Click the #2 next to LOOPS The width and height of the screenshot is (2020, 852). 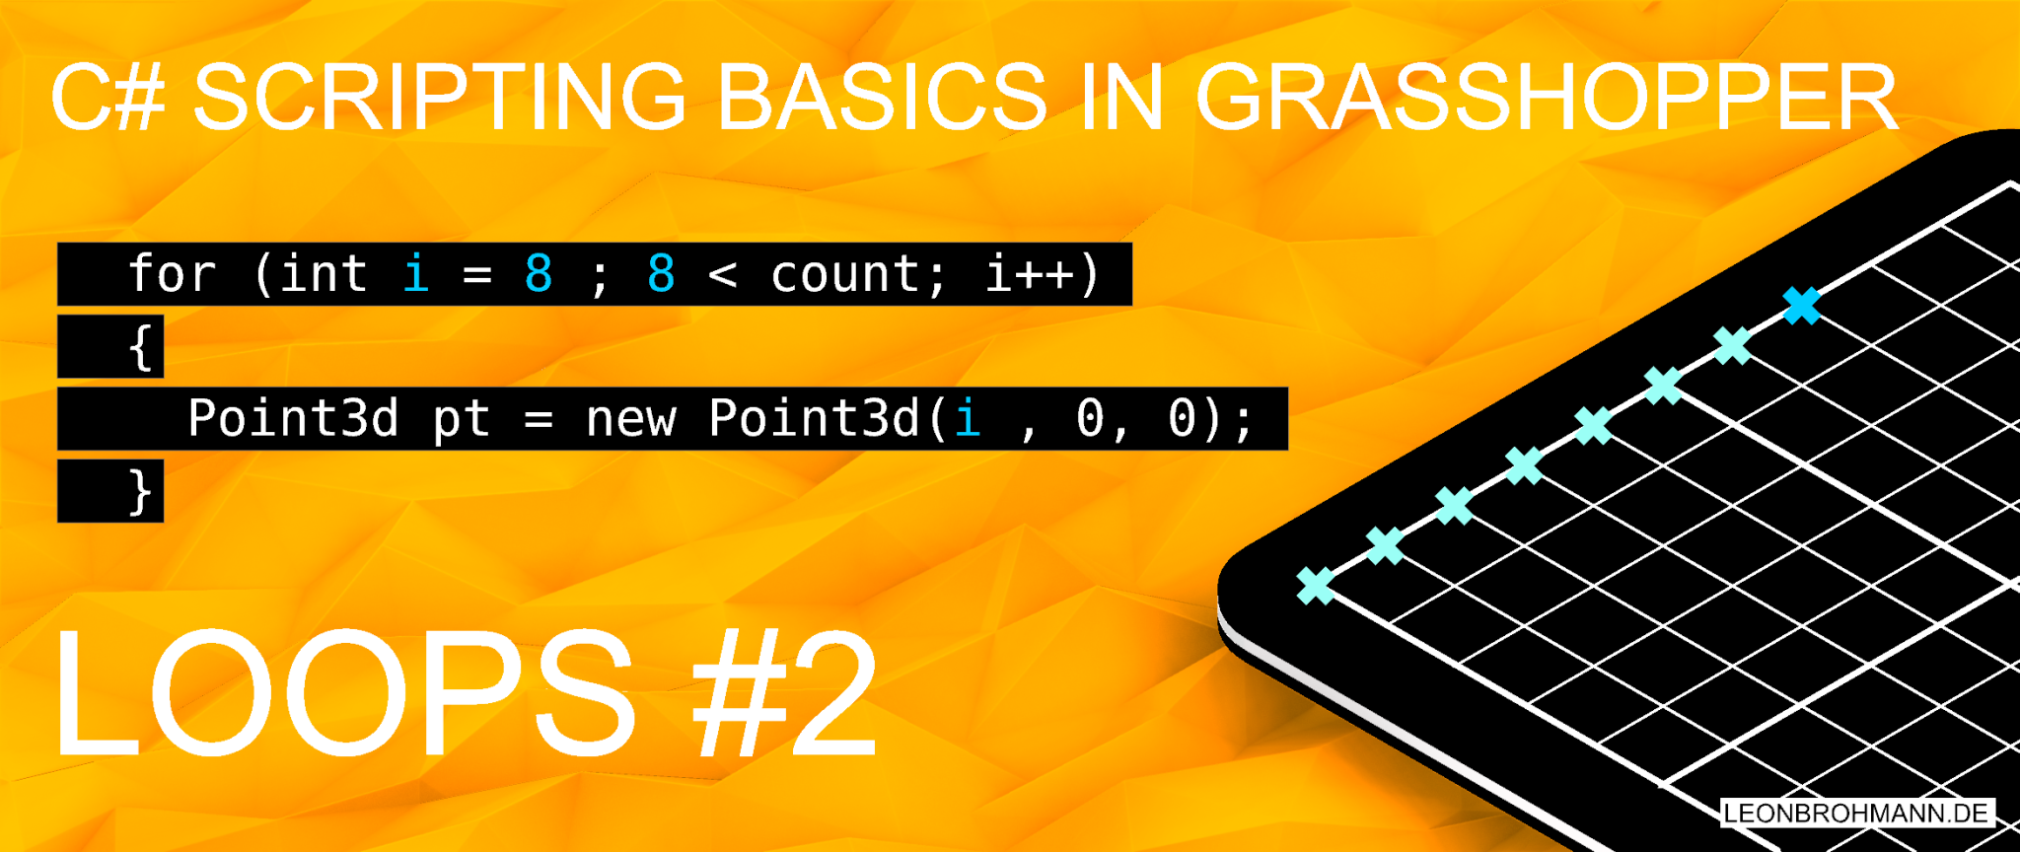coord(785,696)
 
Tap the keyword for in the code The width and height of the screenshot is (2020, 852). coord(172,274)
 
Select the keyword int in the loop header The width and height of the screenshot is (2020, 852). coord(324,274)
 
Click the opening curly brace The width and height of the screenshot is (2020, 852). coord(141,347)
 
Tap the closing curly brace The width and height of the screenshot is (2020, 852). coord(141,491)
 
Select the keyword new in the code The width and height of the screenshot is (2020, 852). coord(630,419)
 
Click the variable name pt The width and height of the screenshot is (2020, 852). coord(462,419)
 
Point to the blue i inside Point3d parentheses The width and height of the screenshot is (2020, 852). coord(968,419)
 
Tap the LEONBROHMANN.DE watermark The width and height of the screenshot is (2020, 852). coord(1856,813)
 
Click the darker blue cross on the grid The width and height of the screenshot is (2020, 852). coord(1802,306)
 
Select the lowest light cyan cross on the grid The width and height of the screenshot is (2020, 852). coord(1316,586)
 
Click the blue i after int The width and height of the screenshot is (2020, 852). coord(416,273)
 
